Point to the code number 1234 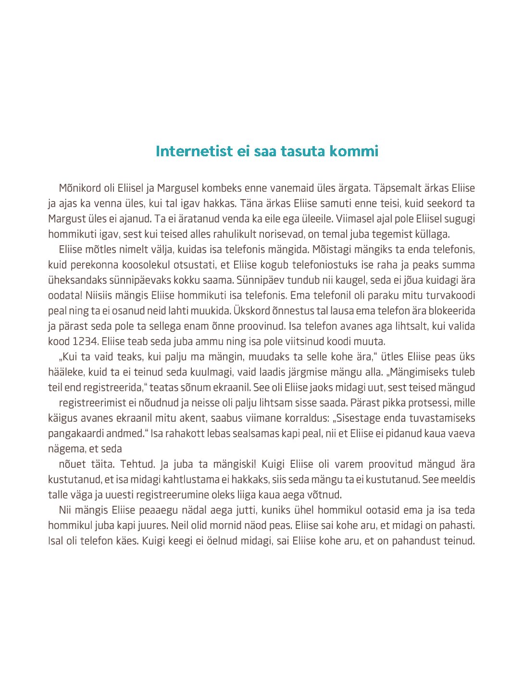click(x=86, y=342)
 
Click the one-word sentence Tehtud click(x=137, y=464)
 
